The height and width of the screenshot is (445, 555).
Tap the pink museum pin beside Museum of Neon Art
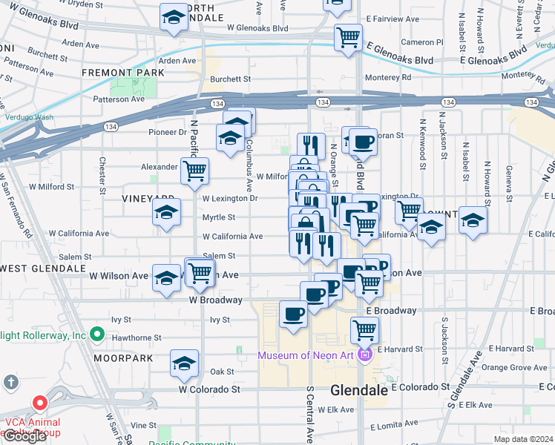coord(364,356)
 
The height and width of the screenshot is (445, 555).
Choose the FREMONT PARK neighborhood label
coord(112,73)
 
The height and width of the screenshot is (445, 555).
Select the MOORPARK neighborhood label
coord(123,358)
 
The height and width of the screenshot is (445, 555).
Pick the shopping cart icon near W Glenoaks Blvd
coord(348,36)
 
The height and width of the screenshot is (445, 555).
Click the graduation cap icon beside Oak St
coord(184,363)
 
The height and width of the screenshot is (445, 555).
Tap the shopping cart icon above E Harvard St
coord(364,330)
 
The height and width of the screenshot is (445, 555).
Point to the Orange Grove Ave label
coord(514,367)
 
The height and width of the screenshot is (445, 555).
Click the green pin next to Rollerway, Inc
coord(96,335)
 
